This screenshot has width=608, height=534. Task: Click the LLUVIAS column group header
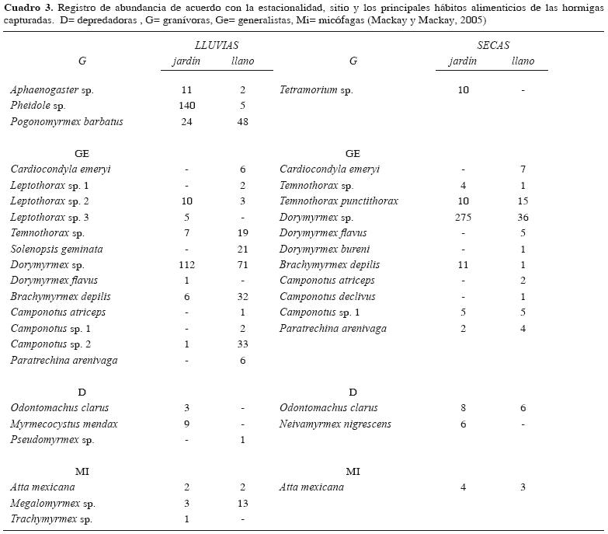pos(216,46)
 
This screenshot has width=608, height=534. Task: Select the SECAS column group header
pos(494,46)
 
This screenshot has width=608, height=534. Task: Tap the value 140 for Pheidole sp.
pos(186,106)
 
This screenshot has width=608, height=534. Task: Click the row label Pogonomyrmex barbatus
pos(67,122)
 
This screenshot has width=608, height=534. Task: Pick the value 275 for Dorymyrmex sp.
pos(463,217)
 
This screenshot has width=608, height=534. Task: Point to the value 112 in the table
pos(186,265)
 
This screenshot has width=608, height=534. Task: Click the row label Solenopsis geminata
pos(57,250)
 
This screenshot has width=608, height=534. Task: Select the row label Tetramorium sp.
pos(316,90)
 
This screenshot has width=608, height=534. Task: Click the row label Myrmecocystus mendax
pos(64,424)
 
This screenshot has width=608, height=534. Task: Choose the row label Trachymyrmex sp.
pos(51,519)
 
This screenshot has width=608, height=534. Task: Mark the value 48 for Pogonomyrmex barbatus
pos(243,122)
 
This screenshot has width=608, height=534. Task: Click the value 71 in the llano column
pos(243,265)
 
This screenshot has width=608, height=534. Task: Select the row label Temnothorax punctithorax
pos(339,201)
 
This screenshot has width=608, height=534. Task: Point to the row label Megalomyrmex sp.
pos(52,504)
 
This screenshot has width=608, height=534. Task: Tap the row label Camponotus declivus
pos(327,297)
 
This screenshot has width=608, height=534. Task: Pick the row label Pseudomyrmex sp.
pos(52,440)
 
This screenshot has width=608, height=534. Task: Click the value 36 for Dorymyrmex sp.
pos(523,217)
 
